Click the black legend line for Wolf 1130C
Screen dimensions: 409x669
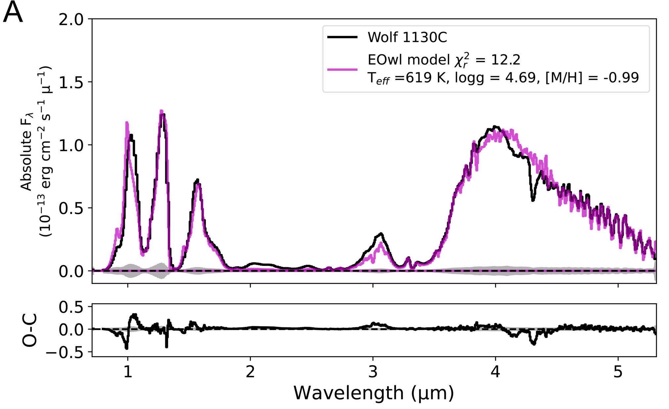point(342,37)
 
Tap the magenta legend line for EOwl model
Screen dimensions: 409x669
point(342,69)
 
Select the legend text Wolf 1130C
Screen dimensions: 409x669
point(407,37)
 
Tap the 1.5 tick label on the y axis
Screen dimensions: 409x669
point(71,82)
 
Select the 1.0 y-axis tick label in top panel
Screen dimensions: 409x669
point(71,145)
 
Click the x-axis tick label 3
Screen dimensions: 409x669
point(373,372)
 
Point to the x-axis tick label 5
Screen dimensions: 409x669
point(618,372)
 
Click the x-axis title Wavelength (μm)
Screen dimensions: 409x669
point(374,393)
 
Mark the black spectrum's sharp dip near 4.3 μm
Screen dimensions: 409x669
point(533,200)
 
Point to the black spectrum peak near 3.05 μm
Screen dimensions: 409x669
point(381,234)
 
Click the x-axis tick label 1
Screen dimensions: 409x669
point(128,372)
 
